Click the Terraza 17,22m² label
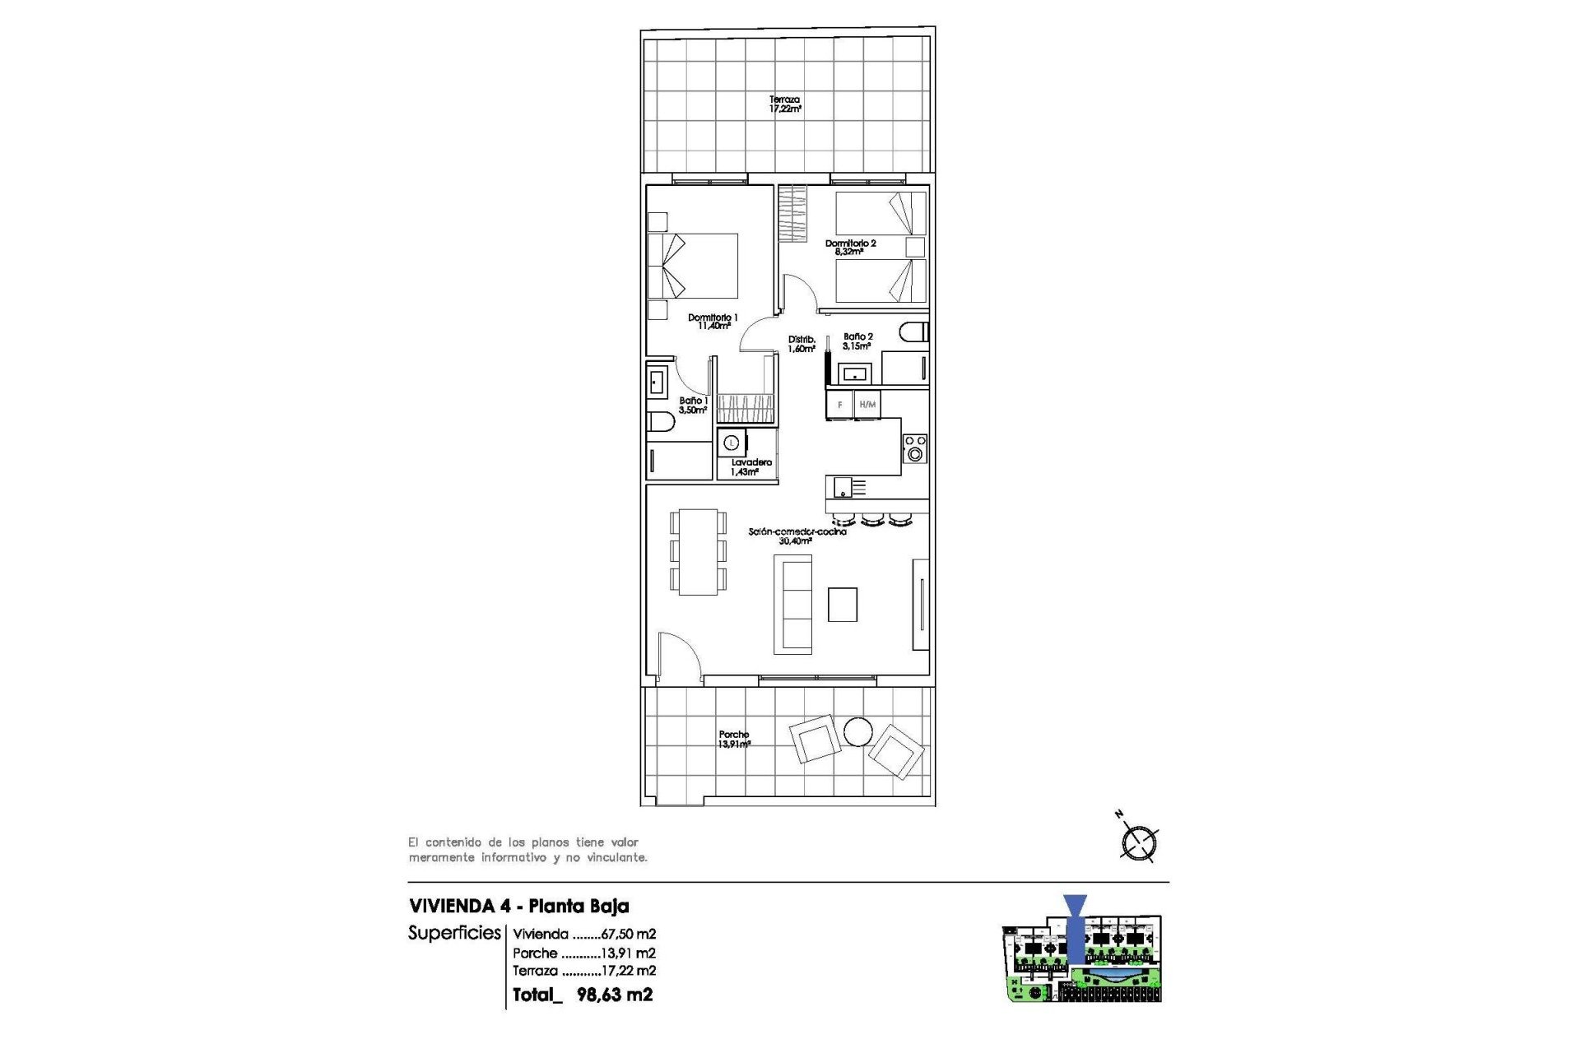coord(785,104)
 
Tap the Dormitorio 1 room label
coord(713,322)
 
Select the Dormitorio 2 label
coord(850,247)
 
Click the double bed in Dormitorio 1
coord(693,266)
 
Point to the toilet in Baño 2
coord(913,332)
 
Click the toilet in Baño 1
coord(661,423)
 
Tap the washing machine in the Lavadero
coord(731,443)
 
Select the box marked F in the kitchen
coord(839,405)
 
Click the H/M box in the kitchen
coord(867,405)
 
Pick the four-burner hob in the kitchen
coord(915,448)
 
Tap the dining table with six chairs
coord(698,551)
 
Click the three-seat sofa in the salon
coord(792,604)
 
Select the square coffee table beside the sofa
coord(843,605)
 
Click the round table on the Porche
coord(857,731)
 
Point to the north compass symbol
coord(1139,841)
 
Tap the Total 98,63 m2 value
coord(614,995)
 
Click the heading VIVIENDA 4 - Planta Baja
coord(518,906)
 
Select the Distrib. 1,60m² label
coord(802,344)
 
